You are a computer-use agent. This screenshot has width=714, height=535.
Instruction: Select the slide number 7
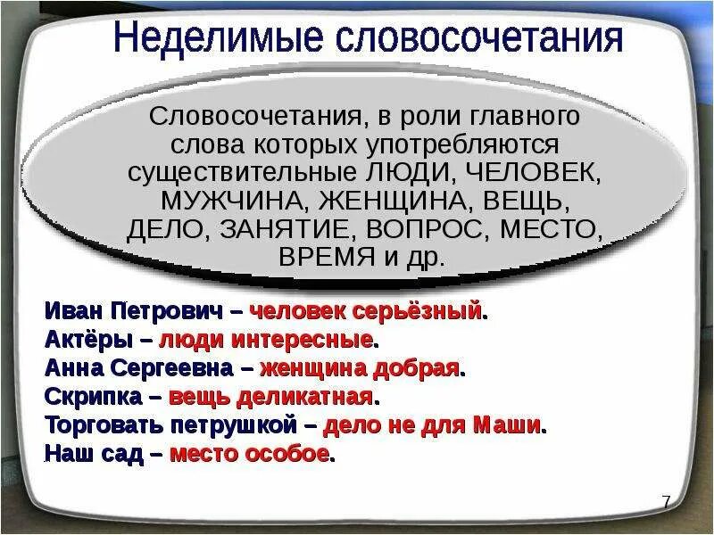tap(666, 501)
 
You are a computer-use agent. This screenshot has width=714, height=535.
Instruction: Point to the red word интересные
tap(303, 340)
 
